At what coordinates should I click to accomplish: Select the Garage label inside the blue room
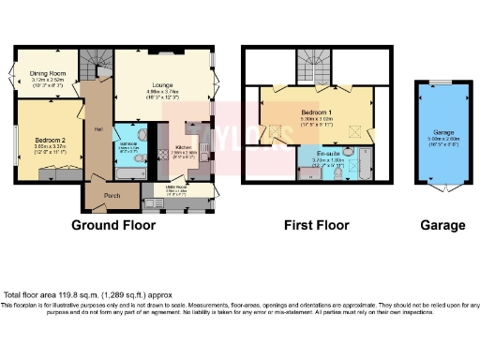pyautogui.click(x=442, y=132)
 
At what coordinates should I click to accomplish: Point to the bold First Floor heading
pyautogui.click(x=317, y=225)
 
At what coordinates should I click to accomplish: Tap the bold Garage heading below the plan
pyautogui.click(x=442, y=225)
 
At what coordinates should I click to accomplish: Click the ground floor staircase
pyautogui.click(x=93, y=65)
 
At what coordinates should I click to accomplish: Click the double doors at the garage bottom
pyautogui.click(x=442, y=188)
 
